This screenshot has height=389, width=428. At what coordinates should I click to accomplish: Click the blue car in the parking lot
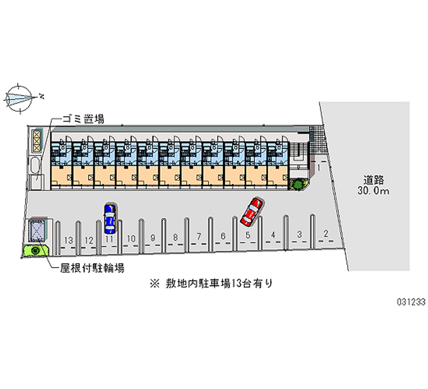(110, 218)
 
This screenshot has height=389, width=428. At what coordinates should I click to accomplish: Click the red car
(252, 211)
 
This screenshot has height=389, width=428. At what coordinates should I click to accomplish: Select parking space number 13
(68, 240)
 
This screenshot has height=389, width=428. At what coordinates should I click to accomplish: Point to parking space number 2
(326, 234)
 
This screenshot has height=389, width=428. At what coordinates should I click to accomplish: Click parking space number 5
(248, 235)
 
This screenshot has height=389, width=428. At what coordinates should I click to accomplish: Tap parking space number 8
(175, 237)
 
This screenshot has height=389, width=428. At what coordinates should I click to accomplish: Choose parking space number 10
(131, 238)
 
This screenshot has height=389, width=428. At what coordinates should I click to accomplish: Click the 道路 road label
(374, 180)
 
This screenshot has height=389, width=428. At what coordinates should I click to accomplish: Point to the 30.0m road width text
(374, 191)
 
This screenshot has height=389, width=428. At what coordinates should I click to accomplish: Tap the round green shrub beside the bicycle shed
(36, 250)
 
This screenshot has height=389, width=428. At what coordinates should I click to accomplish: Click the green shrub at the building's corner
(296, 185)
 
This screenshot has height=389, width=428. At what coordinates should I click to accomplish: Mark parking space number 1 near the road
(318, 168)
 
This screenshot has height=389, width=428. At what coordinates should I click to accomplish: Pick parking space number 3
(300, 234)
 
